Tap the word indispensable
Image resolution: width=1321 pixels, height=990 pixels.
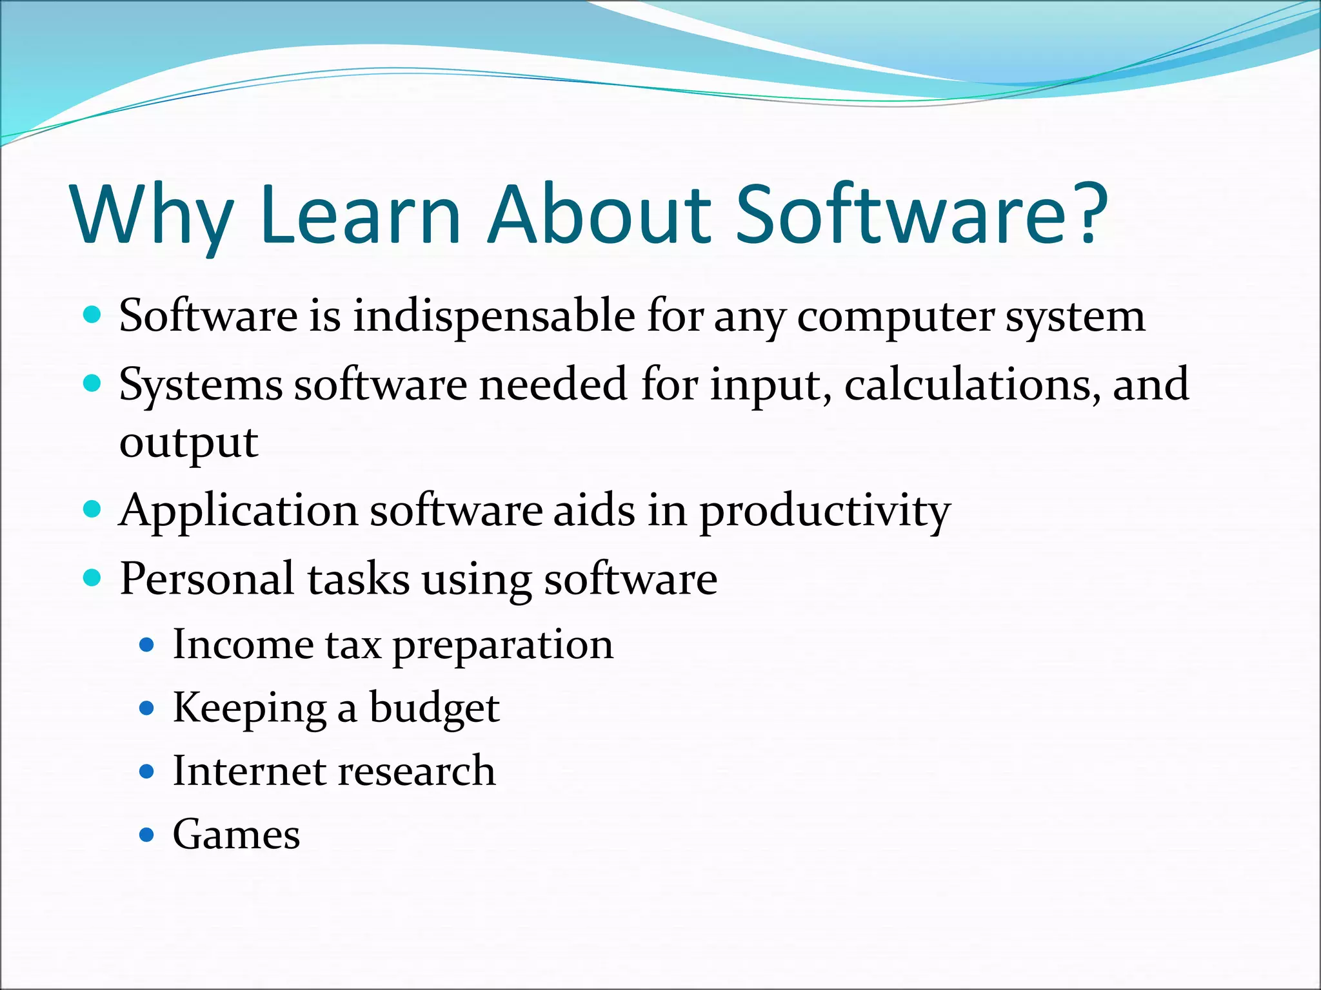point(493,317)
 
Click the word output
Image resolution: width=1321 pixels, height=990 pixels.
point(188,443)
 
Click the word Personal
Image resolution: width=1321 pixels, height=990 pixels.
point(207,578)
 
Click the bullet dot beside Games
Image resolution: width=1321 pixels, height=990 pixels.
point(147,836)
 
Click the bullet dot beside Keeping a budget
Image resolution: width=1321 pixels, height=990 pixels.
point(147,709)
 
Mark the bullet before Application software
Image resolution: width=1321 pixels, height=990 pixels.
point(93,510)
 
